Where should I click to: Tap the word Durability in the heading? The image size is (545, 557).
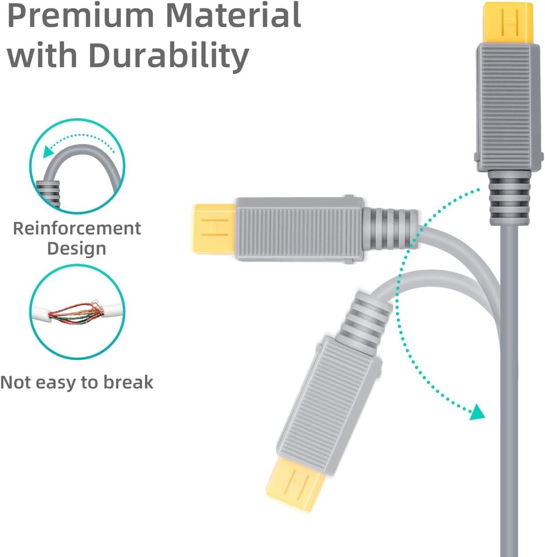(x=168, y=56)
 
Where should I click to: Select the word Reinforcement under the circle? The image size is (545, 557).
(x=77, y=228)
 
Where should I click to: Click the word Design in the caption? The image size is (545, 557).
(x=76, y=248)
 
